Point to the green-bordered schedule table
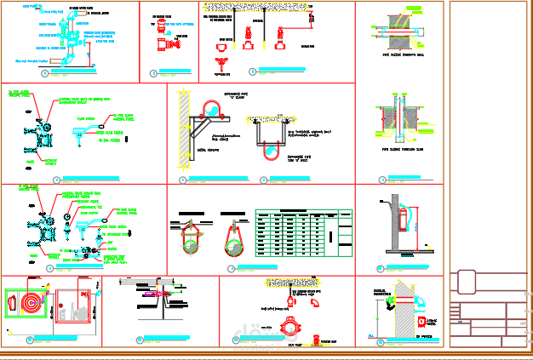(x=305, y=231)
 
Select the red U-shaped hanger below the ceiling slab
(x=269, y=149)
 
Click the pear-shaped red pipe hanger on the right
(x=233, y=239)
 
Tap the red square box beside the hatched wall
(x=423, y=321)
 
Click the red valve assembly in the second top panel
(x=177, y=39)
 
